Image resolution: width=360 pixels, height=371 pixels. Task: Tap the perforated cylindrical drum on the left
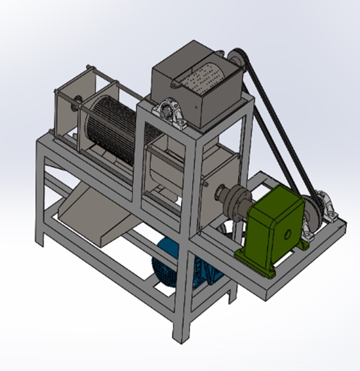click(x=115, y=125)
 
